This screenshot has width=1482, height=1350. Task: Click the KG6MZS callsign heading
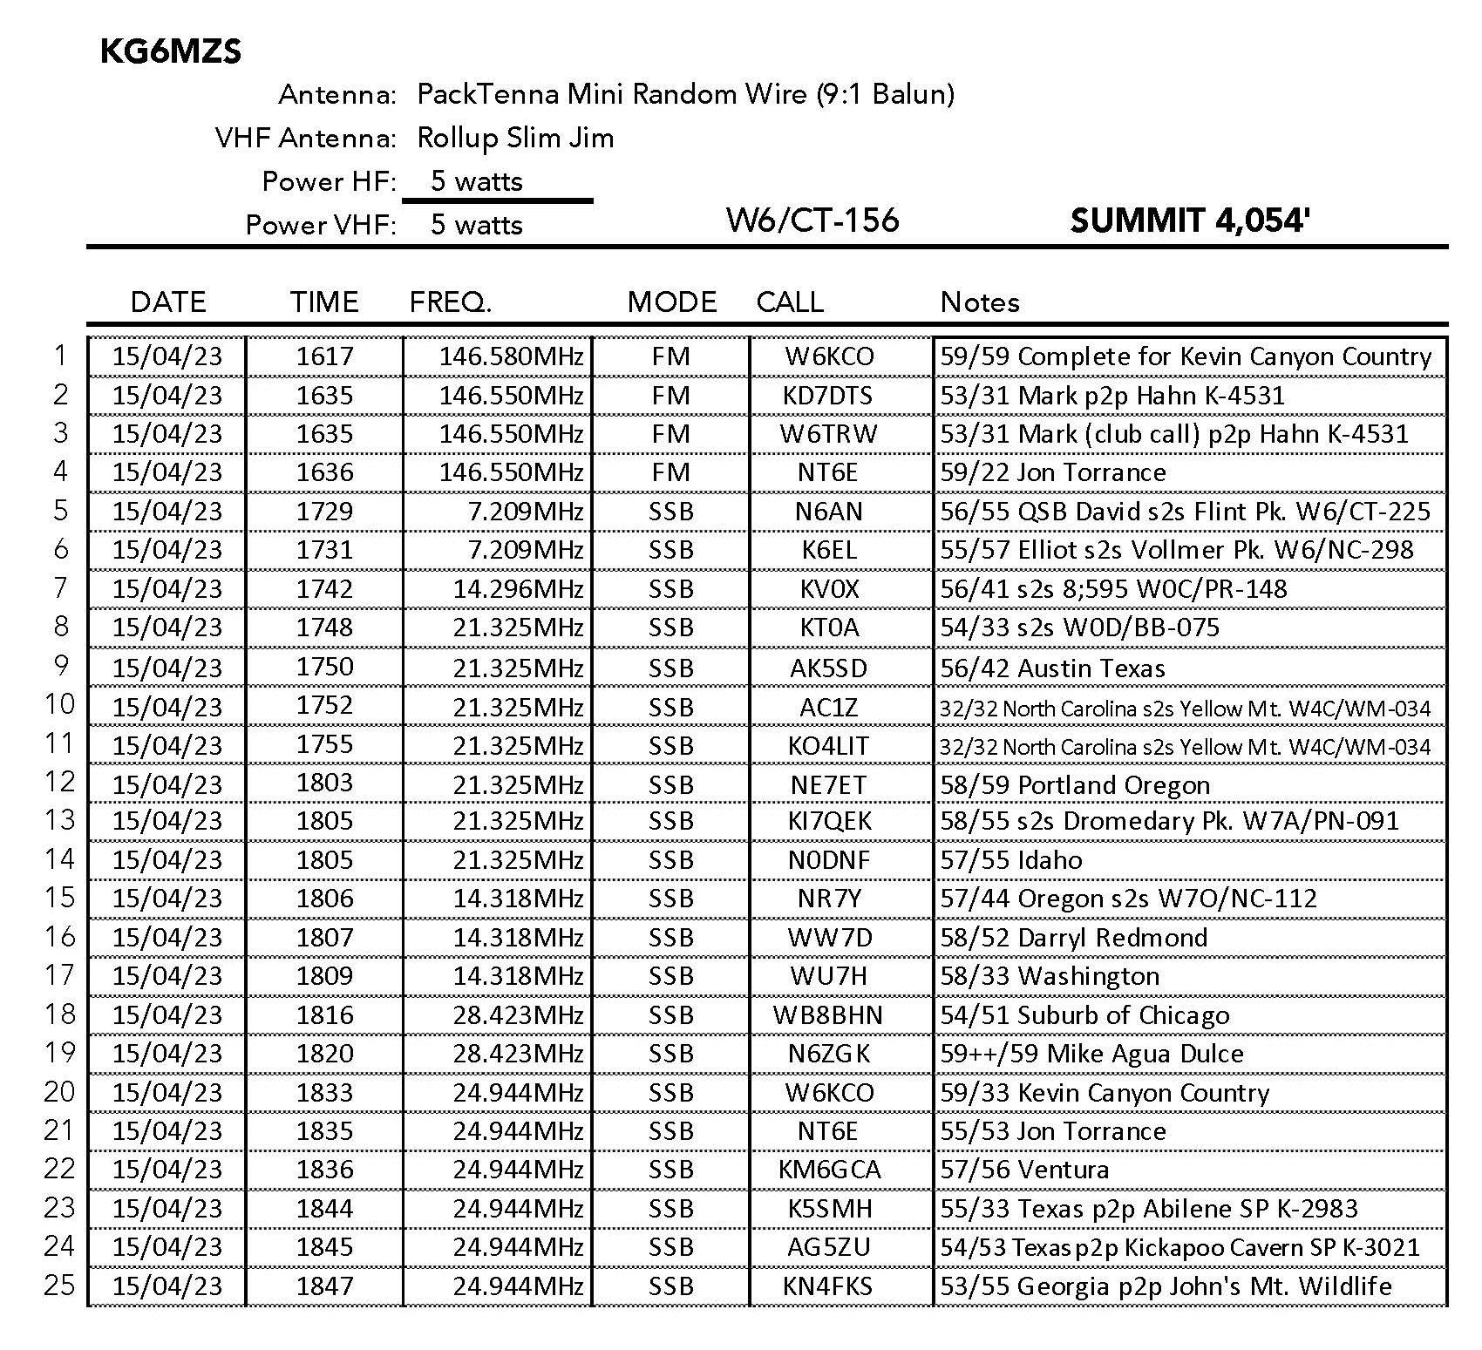pos(171,52)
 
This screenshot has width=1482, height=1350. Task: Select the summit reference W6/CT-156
pos(812,220)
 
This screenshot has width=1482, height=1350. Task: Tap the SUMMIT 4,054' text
pos(1191,220)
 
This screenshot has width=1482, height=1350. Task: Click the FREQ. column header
pos(451,302)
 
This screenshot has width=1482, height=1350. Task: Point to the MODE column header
pos(672,302)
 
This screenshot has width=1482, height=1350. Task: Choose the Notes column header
pos(980,302)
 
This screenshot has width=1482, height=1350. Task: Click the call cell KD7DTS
pos(828,396)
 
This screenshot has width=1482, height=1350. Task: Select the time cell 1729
pos(324,512)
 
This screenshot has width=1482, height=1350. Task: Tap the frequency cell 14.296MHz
pos(518,589)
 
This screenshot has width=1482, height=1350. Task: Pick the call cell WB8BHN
pos(828,1015)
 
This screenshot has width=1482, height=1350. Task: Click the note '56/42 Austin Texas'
pos(1052,668)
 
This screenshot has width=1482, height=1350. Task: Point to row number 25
pos(59,1286)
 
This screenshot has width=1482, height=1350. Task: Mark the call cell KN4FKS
pos(828,1286)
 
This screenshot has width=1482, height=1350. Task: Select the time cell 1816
pos(324,1015)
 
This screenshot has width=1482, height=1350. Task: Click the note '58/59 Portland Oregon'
pos(1075,785)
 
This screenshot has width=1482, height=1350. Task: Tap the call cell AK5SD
pos(828,668)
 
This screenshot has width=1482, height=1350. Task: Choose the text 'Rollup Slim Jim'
pos(515,138)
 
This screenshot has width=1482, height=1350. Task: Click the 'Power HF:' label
pos(329,181)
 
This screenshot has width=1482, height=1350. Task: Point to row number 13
pos(59,820)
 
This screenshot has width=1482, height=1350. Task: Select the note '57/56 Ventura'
pos(1024,1170)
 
